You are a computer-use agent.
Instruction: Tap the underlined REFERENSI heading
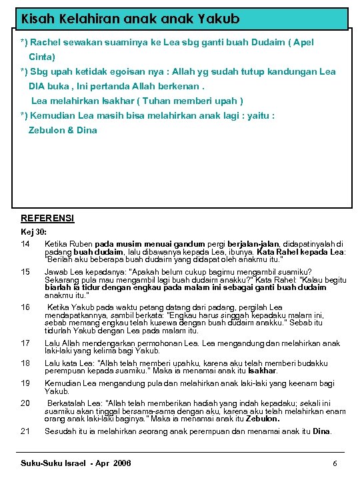[47, 218]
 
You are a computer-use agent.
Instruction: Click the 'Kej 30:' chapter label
[34, 231]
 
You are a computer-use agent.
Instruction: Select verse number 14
[26, 244]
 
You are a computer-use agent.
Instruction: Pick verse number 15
[26, 272]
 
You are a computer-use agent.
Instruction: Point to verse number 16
[26, 307]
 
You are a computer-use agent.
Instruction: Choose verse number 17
[26, 343]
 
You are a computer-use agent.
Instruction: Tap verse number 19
[26, 383]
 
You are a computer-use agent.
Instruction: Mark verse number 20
[26, 403]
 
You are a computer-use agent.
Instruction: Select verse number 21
[26, 431]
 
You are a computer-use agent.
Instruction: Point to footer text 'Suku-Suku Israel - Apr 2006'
[76, 463]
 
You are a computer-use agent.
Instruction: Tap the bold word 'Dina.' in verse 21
[321, 431]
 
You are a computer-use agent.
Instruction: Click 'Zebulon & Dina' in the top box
[63, 130]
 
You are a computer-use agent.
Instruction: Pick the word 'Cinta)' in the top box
[42, 57]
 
